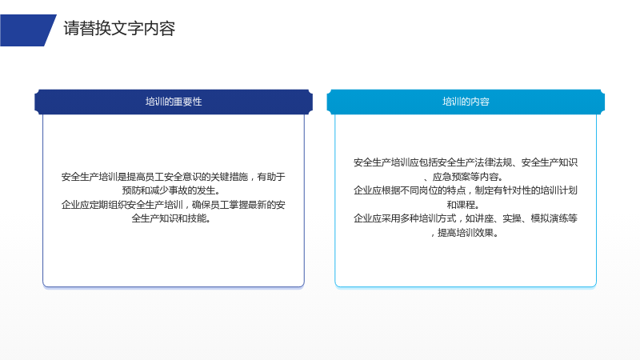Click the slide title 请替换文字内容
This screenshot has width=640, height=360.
[x=119, y=29]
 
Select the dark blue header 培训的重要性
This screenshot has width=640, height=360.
[x=174, y=102]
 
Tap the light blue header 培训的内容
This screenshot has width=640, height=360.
[x=466, y=102]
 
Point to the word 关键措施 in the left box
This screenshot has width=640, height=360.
[x=230, y=177]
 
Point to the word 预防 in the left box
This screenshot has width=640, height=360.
[x=131, y=190]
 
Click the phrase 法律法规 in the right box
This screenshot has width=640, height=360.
[x=494, y=162]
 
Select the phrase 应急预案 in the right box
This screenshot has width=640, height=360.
[x=451, y=177]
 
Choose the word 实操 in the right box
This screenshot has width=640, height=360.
[x=512, y=218]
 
